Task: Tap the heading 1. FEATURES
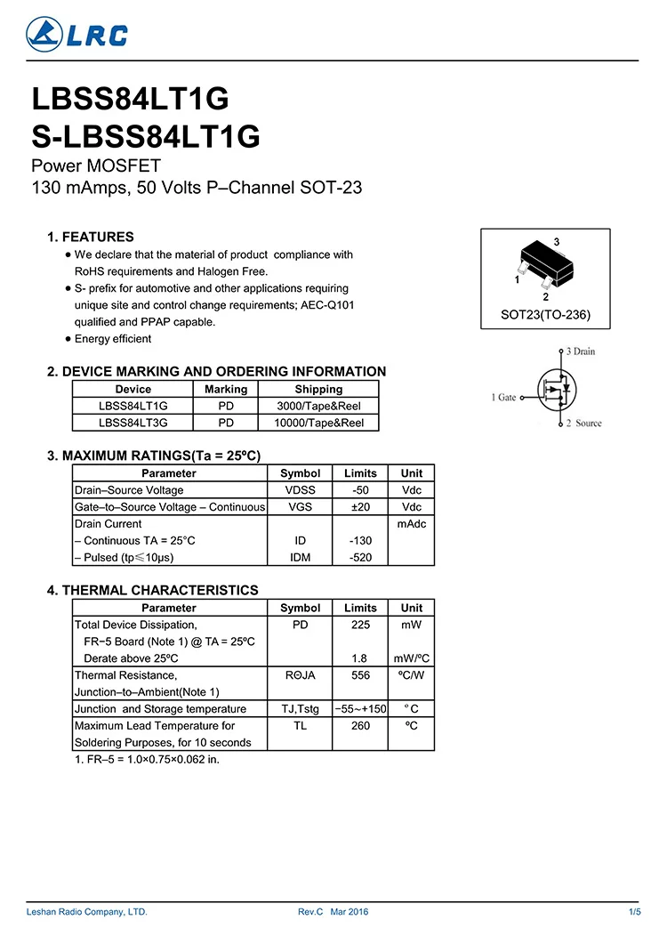tap(91, 237)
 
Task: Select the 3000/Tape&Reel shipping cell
tap(318, 406)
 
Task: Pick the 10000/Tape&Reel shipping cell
tap(318, 423)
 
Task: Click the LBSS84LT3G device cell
tap(133, 423)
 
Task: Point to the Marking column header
tap(226, 389)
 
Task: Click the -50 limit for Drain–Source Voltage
tap(360, 490)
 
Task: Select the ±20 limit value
tap(360, 507)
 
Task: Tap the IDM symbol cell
tap(300, 558)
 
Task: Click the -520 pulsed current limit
tap(360, 558)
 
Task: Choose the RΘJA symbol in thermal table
tap(300, 675)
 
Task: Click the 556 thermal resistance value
tap(360, 675)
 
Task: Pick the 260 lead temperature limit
tap(360, 725)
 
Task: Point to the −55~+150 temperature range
tap(360, 709)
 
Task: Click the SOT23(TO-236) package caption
tap(545, 315)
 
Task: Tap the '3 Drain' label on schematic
tap(580, 351)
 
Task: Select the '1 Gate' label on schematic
tap(503, 398)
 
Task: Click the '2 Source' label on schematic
tap(583, 424)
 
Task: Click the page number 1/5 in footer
tap(634, 912)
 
